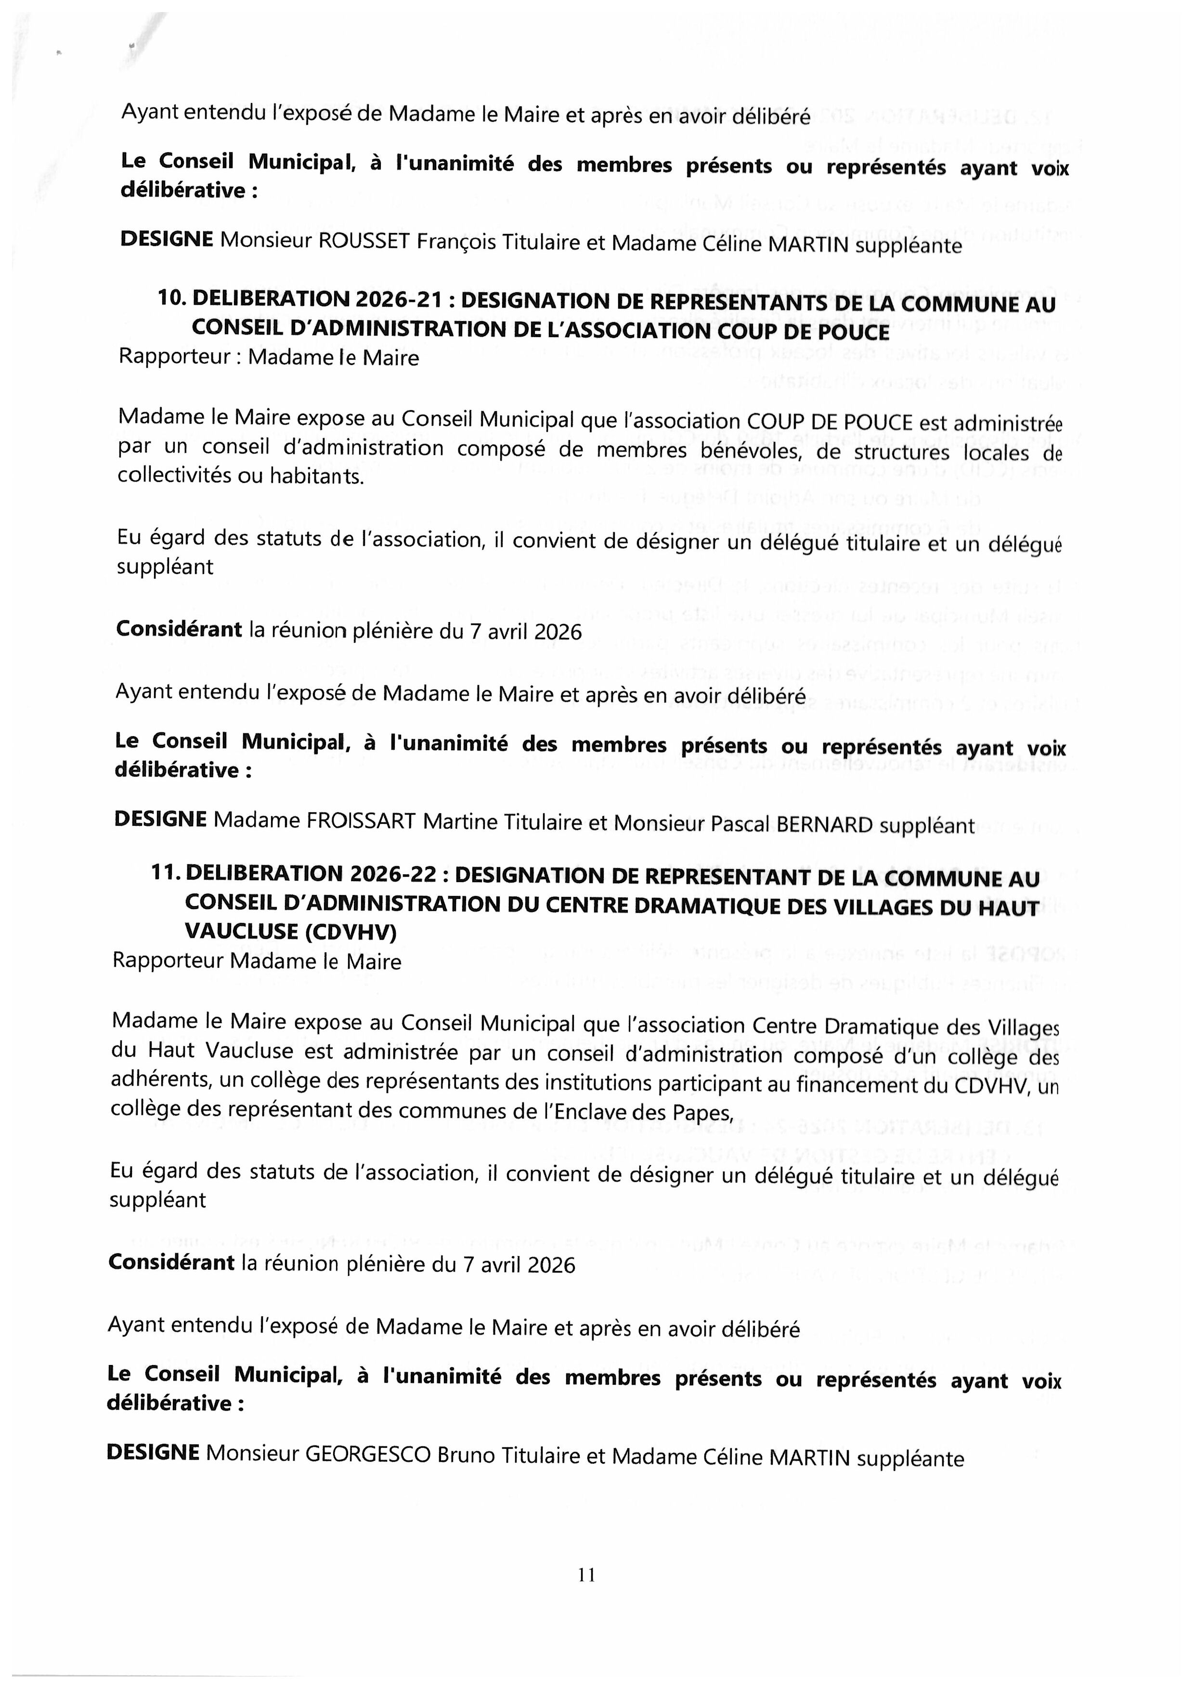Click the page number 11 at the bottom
click(586, 1574)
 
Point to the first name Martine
click(457, 822)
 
